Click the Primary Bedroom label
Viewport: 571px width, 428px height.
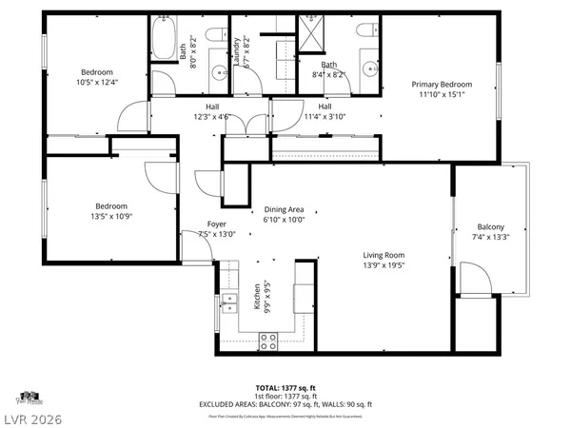point(441,85)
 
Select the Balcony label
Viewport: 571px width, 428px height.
point(490,226)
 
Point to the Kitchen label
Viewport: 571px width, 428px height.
point(257,298)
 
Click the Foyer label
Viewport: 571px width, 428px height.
point(216,224)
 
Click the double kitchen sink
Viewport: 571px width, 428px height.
point(228,304)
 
